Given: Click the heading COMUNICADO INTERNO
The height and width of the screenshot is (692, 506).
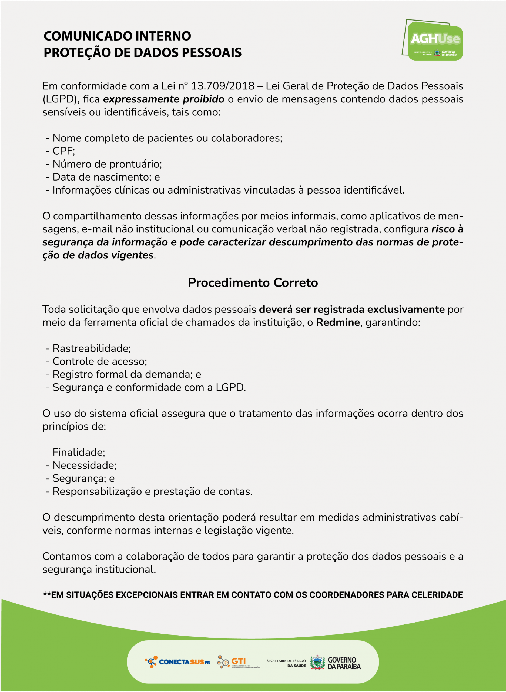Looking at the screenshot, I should (x=117, y=36).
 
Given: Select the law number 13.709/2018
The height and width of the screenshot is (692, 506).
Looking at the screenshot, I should (x=223, y=86).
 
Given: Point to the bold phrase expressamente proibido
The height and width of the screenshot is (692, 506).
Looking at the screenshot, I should (x=163, y=99).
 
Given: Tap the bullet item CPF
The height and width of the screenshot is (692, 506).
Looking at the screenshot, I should (x=63, y=151).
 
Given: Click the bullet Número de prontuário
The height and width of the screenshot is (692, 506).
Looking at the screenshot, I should (x=107, y=164).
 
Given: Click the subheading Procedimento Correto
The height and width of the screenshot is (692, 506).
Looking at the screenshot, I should (x=253, y=282).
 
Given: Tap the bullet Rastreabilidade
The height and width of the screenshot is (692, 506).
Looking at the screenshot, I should (x=91, y=348).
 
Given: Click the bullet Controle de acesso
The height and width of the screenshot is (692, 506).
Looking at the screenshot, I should (x=99, y=362).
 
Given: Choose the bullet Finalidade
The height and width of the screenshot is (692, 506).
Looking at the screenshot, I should (x=79, y=452).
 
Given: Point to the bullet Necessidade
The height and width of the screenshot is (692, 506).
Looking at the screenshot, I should (x=84, y=465).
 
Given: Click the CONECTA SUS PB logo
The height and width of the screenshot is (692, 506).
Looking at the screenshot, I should (x=178, y=662).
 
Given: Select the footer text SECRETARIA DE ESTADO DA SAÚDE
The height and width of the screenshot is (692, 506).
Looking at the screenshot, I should (x=286, y=663).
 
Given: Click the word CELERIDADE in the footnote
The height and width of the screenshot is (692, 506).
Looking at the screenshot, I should (x=437, y=595).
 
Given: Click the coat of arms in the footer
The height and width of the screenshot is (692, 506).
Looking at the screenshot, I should (x=317, y=663).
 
